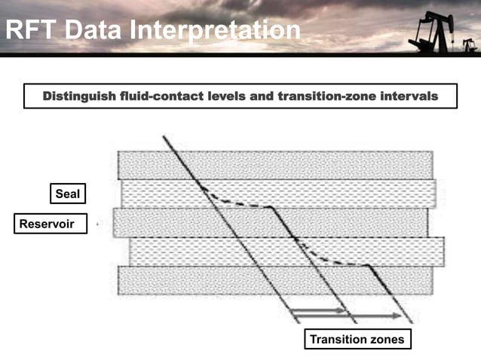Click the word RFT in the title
tap(31, 29)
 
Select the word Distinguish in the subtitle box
tap(78, 96)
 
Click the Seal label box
tap(67, 194)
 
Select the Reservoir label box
tap(47, 223)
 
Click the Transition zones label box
tap(357, 340)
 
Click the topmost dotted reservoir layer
tap(275, 164)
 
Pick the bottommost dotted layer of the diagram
tap(275, 280)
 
